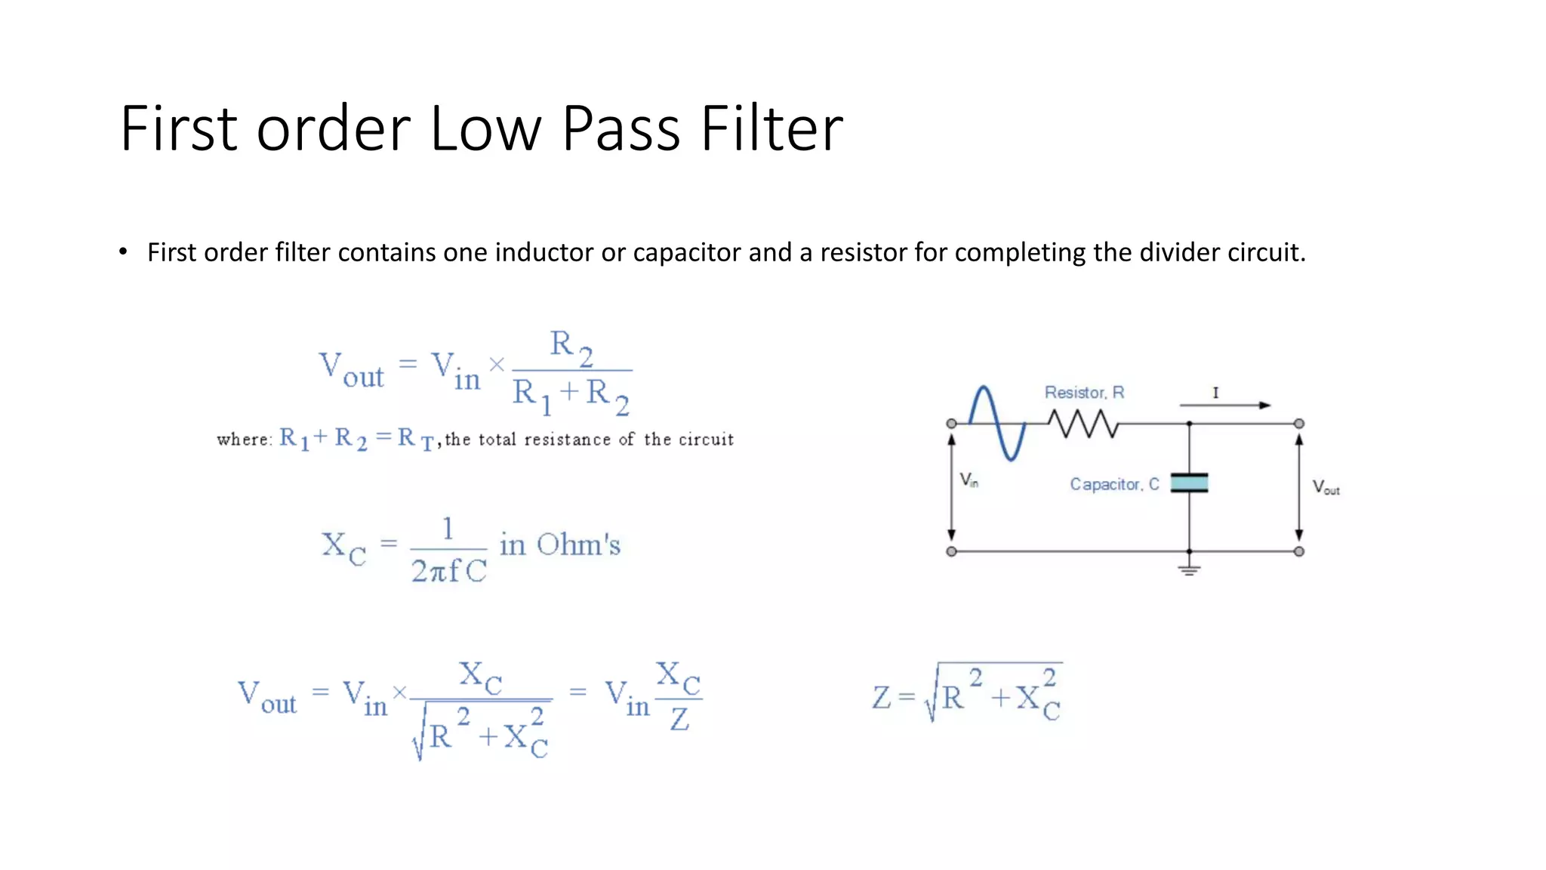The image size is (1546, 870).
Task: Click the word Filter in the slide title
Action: click(x=771, y=128)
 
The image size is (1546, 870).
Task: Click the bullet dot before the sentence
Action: click(x=123, y=252)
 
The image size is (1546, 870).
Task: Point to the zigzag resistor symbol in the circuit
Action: click(x=1083, y=424)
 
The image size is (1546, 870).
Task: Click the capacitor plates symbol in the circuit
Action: click(x=1189, y=483)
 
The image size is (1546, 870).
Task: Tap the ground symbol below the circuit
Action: click(x=1189, y=569)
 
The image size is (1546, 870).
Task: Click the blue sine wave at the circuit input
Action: click(x=997, y=423)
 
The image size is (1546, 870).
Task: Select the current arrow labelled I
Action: click(x=1225, y=405)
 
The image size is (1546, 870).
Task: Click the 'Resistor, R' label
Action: click(x=1084, y=393)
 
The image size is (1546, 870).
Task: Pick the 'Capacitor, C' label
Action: click(x=1113, y=484)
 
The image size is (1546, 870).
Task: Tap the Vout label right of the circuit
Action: click(x=1326, y=488)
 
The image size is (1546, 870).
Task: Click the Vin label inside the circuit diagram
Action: click(x=969, y=480)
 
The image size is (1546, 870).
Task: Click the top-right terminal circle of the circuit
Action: click(x=1298, y=424)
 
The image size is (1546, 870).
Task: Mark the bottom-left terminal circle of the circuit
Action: click(x=951, y=551)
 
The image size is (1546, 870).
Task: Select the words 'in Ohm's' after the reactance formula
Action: click(x=559, y=545)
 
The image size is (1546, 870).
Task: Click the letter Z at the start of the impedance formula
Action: click(x=881, y=697)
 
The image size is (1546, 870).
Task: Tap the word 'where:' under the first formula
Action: click(x=244, y=440)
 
